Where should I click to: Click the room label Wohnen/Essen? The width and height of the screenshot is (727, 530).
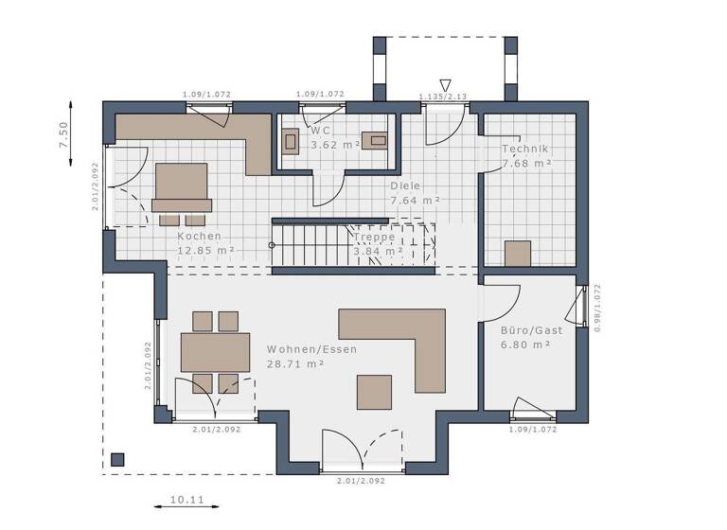[311, 349]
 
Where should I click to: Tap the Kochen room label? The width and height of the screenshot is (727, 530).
[199, 237]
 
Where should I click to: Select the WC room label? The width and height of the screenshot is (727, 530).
[320, 130]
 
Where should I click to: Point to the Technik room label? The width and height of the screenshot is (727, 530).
[525, 150]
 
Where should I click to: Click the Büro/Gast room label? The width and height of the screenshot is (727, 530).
[531, 330]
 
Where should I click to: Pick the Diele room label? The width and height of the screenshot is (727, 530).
[406, 186]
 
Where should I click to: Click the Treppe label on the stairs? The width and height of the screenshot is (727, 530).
[374, 237]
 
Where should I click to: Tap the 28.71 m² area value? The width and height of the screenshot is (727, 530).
[296, 363]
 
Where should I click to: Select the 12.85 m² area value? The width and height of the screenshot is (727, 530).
[205, 251]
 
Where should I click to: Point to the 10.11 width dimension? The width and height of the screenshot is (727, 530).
[186, 500]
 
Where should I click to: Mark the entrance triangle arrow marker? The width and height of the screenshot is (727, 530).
[446, 83]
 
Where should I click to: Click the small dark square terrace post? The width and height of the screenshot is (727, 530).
[117, 460]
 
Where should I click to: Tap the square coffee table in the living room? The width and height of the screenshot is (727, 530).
[374, 391]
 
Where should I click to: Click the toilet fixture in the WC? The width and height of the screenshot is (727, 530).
[290, 141]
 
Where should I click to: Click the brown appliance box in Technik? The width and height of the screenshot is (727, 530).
[518, 253]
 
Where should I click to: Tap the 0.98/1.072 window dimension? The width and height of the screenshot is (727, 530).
[597, 309]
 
